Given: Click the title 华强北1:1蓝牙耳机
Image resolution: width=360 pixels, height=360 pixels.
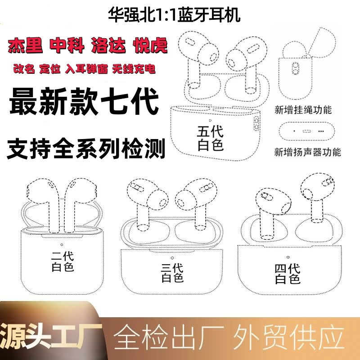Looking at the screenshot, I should click(x=174, y=15).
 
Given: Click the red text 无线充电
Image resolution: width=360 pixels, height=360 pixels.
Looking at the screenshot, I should click(x=134, y=69).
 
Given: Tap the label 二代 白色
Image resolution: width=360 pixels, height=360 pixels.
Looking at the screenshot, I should click(x=63, y=261).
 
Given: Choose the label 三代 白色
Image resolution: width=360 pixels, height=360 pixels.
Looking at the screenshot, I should click(x=172, y=273).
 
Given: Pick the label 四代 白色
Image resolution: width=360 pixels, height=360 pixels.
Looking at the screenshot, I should click(x=288, y=274).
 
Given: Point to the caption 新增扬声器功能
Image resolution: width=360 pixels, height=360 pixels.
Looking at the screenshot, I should click(x=307, y=152).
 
